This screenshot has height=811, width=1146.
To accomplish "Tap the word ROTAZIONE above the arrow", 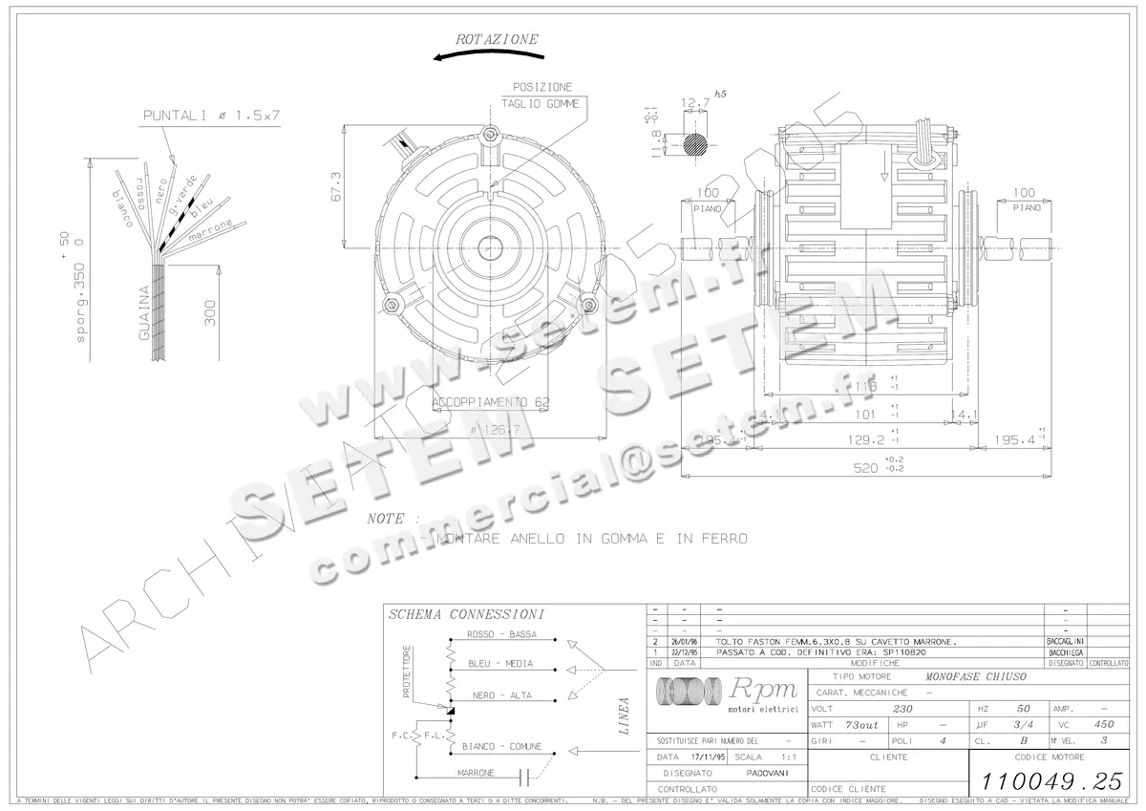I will [497, 39].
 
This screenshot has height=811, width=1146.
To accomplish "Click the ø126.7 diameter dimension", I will [496, 430].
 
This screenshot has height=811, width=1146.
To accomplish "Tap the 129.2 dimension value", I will [867, 440].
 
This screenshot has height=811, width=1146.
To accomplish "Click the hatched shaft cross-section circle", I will [695, 144].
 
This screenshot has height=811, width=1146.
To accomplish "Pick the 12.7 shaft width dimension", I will [695, 102].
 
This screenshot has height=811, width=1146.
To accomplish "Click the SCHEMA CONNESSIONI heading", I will [467, 614].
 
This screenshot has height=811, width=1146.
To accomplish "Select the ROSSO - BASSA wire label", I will [501, 635].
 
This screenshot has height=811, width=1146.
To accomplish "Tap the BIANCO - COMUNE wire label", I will [501, 746].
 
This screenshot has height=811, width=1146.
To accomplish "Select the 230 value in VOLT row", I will [902, 710].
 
